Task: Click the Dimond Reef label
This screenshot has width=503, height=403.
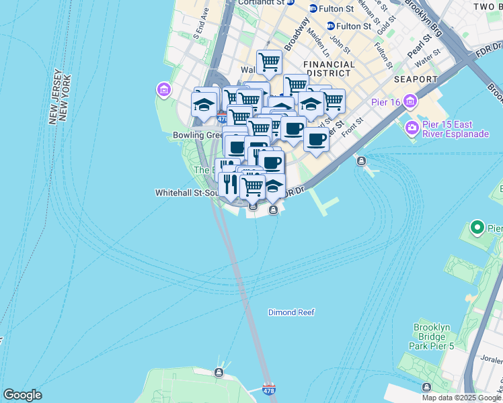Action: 291,312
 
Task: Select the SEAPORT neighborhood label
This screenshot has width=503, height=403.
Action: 416,79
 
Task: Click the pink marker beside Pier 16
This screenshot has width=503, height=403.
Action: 411,102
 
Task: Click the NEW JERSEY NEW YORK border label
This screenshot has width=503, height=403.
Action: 61,95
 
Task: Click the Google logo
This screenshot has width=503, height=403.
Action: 22,395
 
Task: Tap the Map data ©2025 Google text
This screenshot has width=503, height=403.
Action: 461,398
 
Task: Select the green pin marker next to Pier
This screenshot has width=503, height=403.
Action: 477,228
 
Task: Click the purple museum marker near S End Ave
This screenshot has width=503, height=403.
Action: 163,89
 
